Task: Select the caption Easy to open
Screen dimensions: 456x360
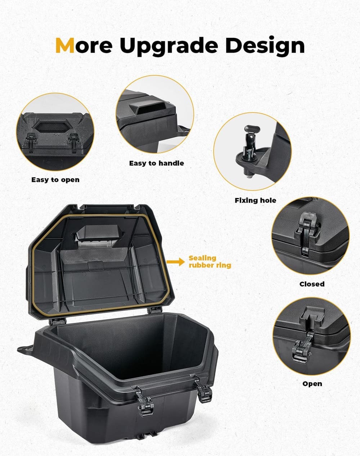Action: pyautogui.click(x=55, y=180)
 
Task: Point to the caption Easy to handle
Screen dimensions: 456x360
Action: pyautogui.click(x=156, y=163)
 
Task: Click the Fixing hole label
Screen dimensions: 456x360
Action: pyautogui.click(x=255, y=200)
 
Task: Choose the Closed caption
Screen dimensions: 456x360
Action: pyautogui.click(x=312, y=284)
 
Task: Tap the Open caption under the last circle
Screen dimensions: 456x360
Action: pyautogui.click(x=312, y=384)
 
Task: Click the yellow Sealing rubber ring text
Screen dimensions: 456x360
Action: pyautogui.click(x=210, y=262)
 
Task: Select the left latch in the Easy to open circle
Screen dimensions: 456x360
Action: pyautogui.click(x=30, y=142)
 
